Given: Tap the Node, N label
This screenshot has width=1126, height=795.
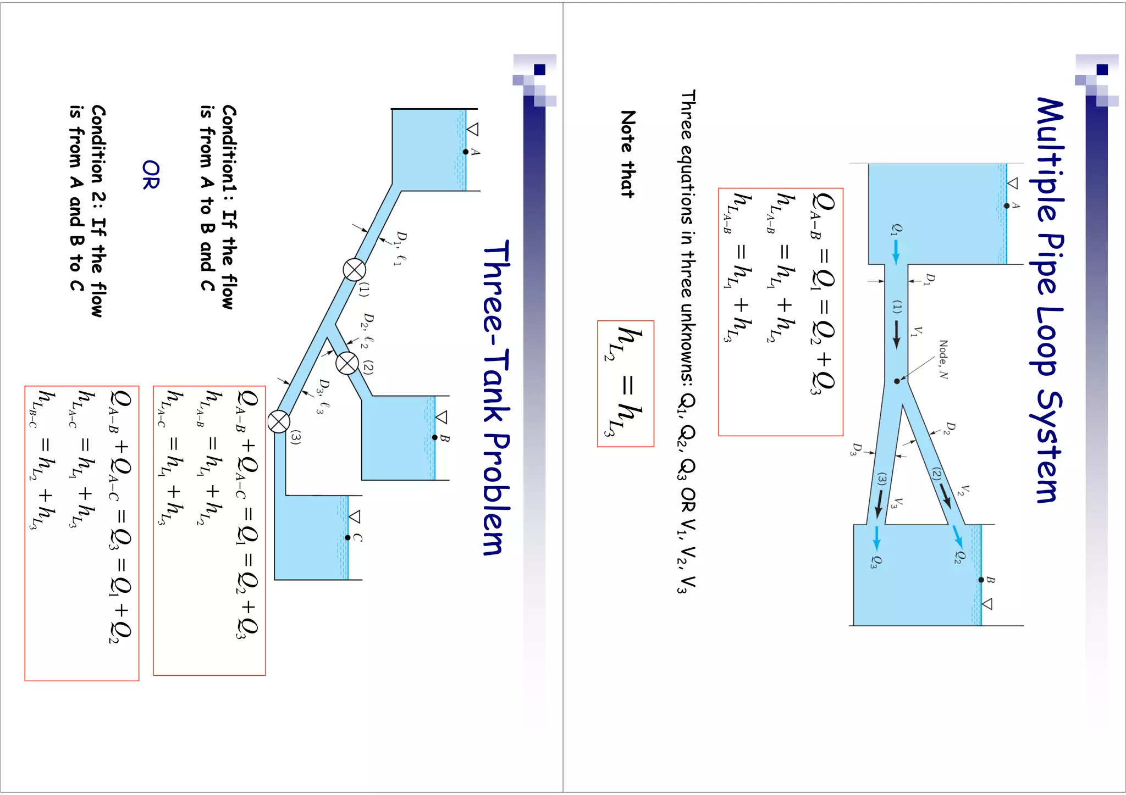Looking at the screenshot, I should [x=943, y=360].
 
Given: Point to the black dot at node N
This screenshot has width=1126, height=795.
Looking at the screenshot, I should [x=897, y=381].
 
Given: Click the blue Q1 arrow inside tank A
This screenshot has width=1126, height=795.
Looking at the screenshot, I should [x=896, y=252].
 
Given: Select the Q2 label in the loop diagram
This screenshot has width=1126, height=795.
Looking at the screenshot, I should [x=958, y=557].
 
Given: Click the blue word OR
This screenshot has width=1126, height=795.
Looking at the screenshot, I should [x=151, y=175].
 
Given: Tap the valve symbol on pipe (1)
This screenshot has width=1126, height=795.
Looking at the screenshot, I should [x=354, y=270].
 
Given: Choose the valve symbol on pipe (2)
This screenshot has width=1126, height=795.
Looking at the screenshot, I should [x=347, y=363].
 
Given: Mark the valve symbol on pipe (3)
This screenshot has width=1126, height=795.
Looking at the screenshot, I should [x=279, y=422].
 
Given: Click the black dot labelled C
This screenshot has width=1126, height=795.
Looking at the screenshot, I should [x=347, y=537].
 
